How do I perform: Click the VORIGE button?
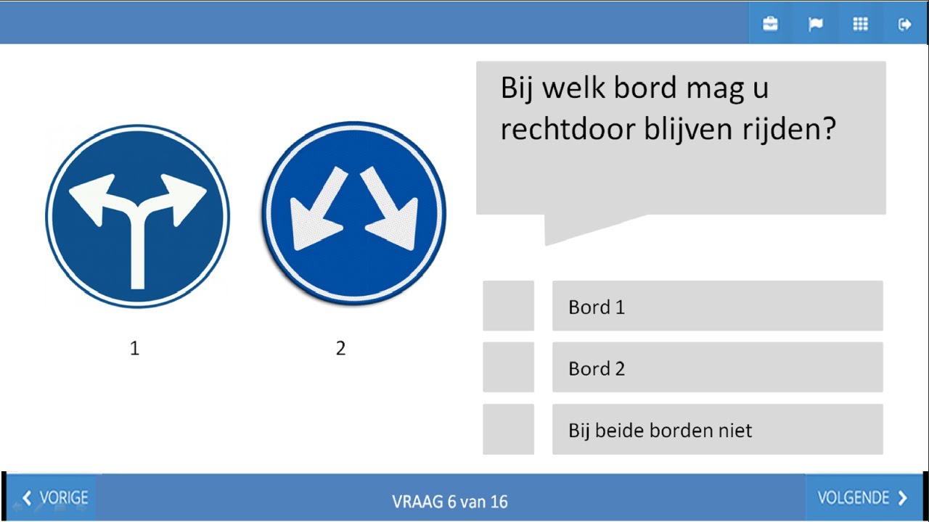click(x=54, y=498)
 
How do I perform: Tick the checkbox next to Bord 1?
click(x=508, y=306)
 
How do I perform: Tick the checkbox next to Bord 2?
click(x=508, y=368)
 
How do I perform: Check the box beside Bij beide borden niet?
click(x=508, y=429)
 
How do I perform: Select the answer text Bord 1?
click(x=597, y=307)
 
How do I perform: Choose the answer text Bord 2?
click(x=597, y=369)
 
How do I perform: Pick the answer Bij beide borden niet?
click(x=660, y=431)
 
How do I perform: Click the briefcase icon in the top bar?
click(x=770, y=24)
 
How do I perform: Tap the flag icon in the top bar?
click(x=815, y=24)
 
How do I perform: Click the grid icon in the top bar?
click(x=860, y=24)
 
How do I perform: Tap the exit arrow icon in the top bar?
click(x=904, y=24)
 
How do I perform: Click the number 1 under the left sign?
click(x=134, y=349)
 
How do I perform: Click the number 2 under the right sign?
click(x=340, y=349)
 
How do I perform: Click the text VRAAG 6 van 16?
click(x=449, y=501)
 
